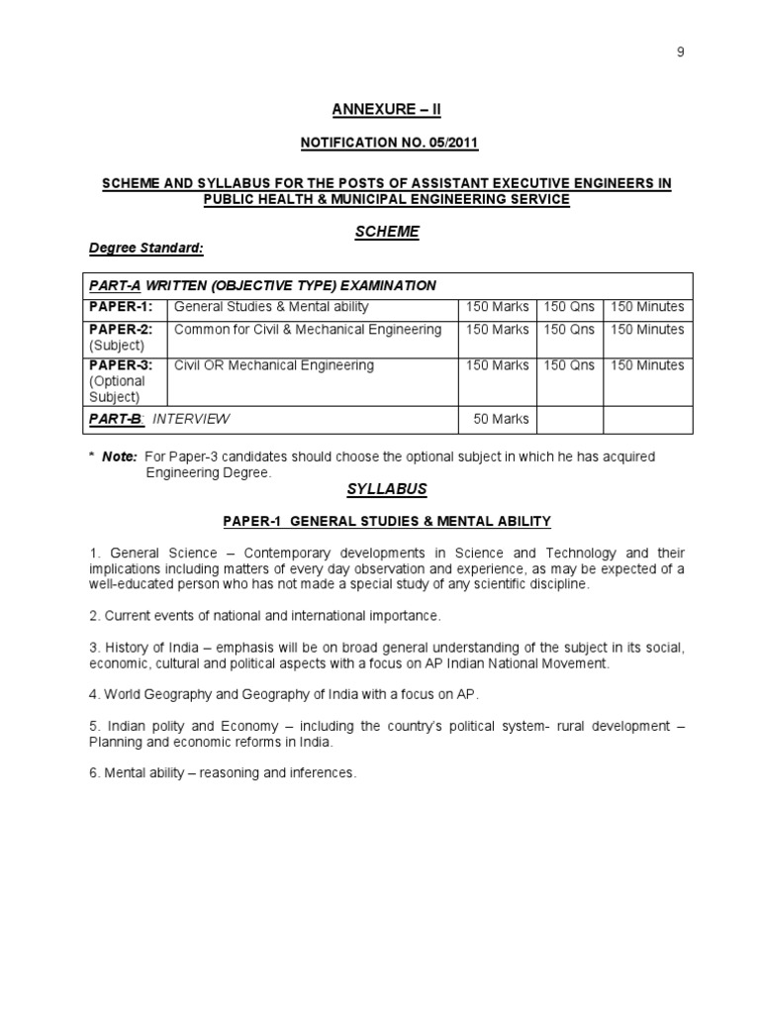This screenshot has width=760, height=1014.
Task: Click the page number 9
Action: click(680, 53)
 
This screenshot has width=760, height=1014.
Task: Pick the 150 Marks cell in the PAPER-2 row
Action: click(497, 330)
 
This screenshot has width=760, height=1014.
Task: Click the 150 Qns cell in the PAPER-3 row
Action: click(569, 365)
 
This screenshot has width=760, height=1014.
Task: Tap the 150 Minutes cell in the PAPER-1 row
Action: click(647, 308)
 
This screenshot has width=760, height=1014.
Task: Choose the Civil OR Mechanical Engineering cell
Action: click(274, 365)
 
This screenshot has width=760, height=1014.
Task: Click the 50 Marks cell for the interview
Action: click(501, 419)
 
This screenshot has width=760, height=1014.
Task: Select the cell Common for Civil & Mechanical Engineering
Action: click(308, 330)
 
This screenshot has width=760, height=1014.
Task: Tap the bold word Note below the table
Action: click(118, 456)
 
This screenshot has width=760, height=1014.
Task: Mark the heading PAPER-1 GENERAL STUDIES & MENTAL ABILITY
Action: click(387, 521)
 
